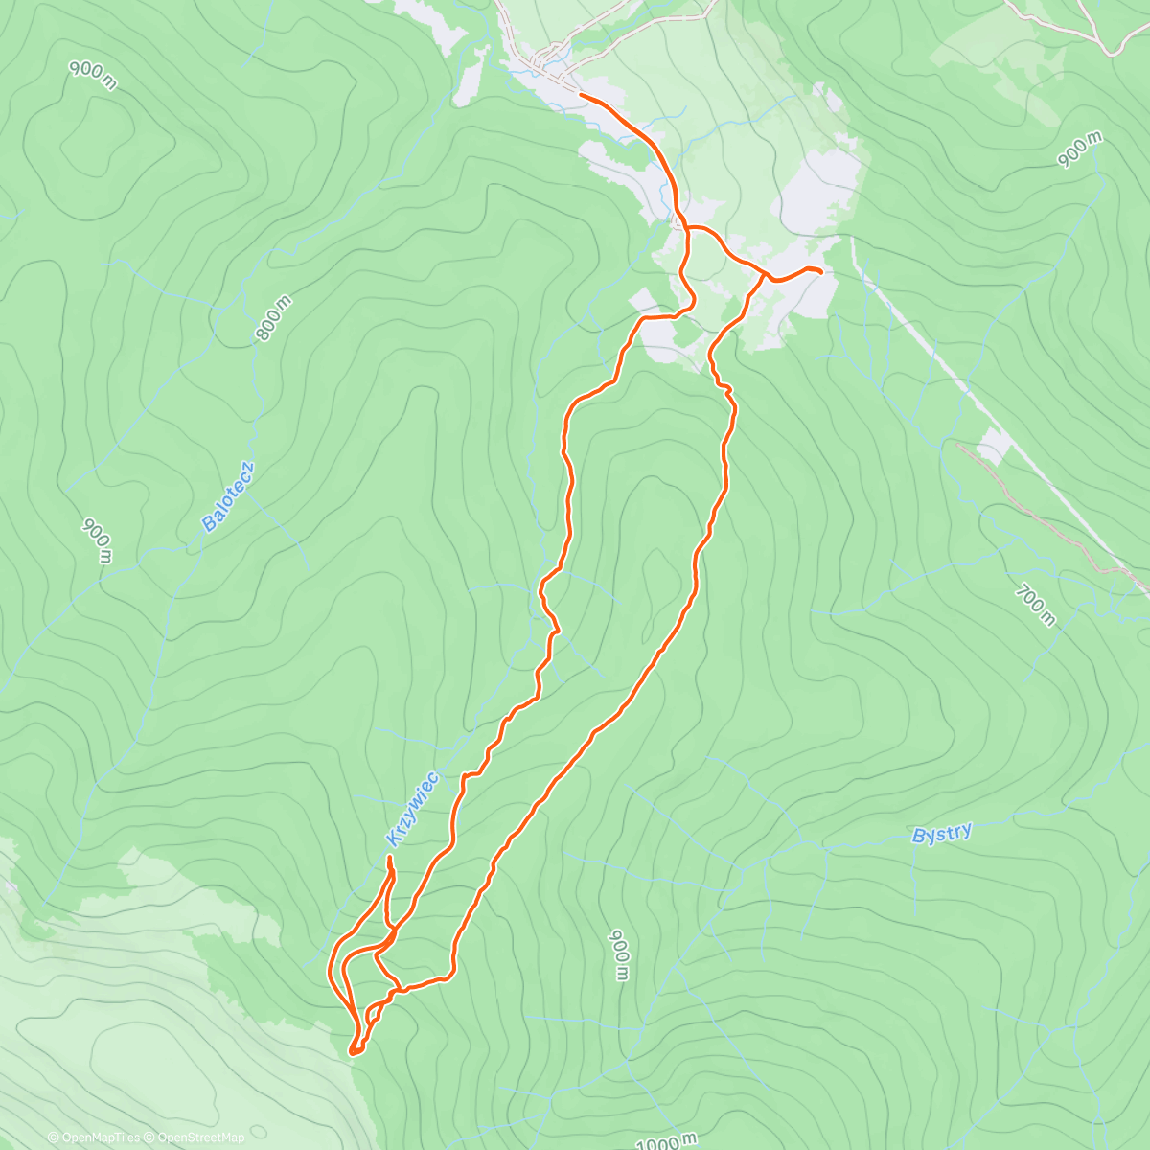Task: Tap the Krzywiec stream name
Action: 412,809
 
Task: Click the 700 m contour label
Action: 1035,606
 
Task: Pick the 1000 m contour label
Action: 666,1141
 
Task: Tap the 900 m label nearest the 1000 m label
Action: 619,954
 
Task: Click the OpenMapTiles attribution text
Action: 94,1138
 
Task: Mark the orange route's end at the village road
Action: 581,95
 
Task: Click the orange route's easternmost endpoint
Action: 821,273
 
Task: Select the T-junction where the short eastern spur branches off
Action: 765,277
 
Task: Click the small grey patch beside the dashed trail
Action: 994,446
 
